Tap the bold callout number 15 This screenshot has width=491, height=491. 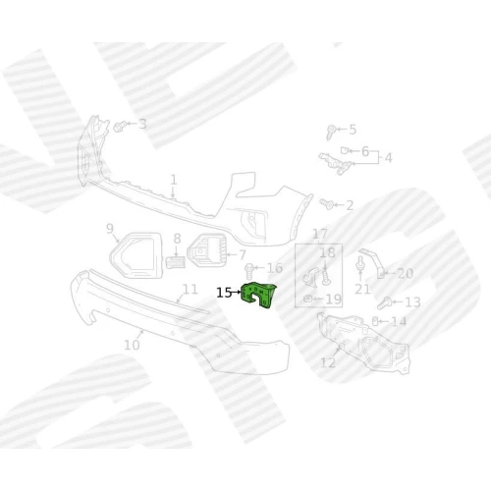click(224, 293)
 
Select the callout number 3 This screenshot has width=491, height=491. click(142, 124)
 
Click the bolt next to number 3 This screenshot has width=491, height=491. click(120, 126)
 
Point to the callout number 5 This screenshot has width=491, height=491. click(353, 130)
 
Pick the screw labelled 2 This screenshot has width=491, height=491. click(327, 204)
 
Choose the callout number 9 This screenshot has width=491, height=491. click(110, 229)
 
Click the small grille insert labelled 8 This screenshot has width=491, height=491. click(176, 262)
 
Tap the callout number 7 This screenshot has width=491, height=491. click(243, 254)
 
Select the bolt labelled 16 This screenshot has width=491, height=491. click(249, 270)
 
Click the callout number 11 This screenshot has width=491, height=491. click(191, 290)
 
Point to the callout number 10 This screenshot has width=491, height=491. click(132, 345)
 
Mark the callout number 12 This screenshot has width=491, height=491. click(328, 362)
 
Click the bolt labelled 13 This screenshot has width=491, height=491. click(384, 303)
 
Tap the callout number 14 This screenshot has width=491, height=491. click(399, 321)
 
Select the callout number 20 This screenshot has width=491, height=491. click(406, 273)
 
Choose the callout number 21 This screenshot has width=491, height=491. click(362, 289)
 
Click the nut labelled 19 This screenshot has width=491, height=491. click(307, 299)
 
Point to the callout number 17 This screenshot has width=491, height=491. click(320, 234)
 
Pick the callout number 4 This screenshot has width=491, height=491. click(388, 158)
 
